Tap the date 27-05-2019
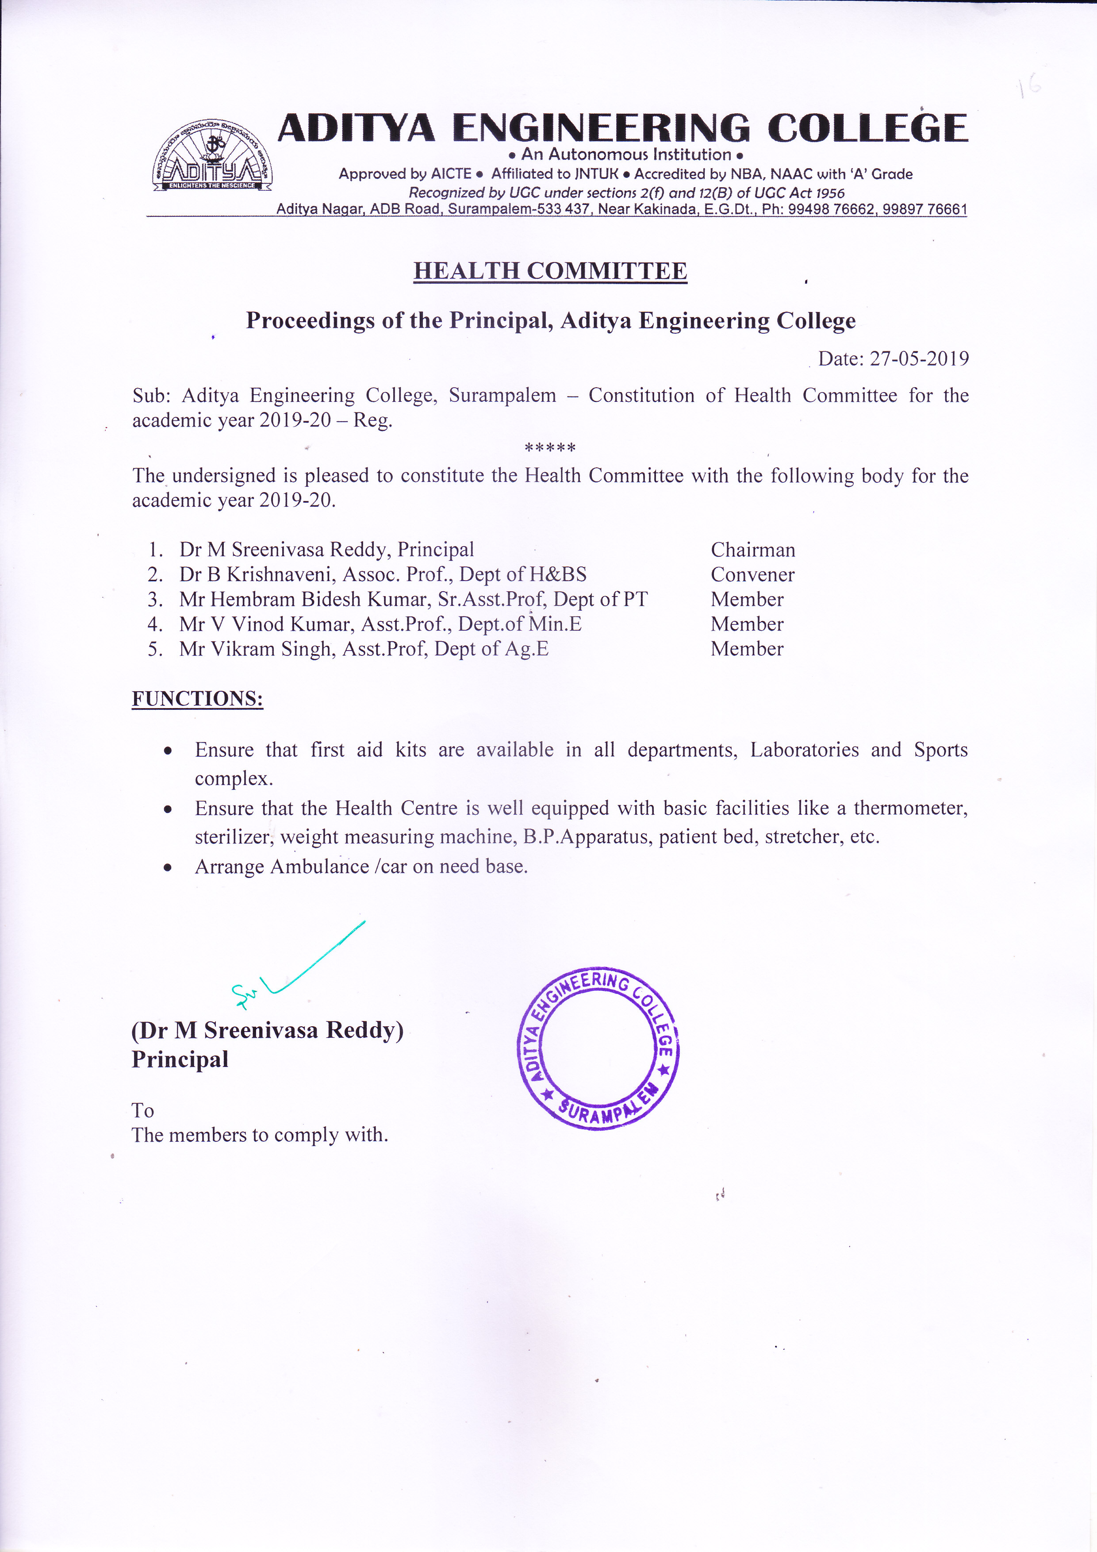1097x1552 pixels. click(919, 358)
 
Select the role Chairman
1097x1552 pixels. click(752, 550)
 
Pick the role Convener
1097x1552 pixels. click(752, 574)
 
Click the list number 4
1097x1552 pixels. click(155, 624)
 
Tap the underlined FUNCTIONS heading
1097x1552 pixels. click(197, 698)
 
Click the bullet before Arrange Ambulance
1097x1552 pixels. click(168, 868)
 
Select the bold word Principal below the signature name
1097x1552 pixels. click(180, 1059)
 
